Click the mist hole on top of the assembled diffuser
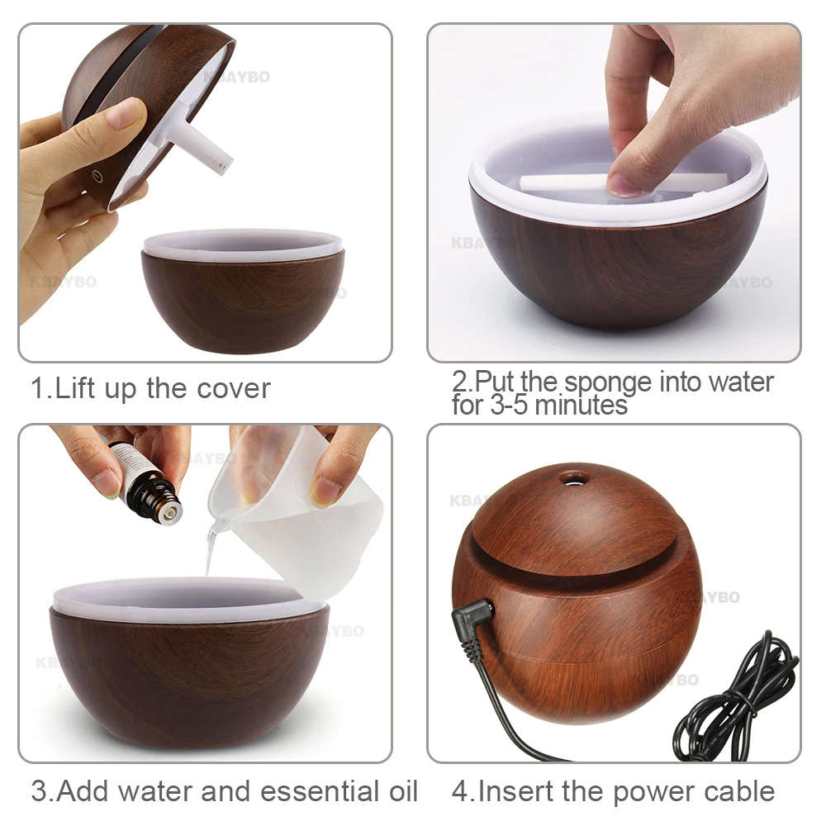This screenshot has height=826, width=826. click(573, 478)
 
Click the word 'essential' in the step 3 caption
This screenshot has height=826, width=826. click(319, 790)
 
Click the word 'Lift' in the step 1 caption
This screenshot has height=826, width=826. click(74, 388)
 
